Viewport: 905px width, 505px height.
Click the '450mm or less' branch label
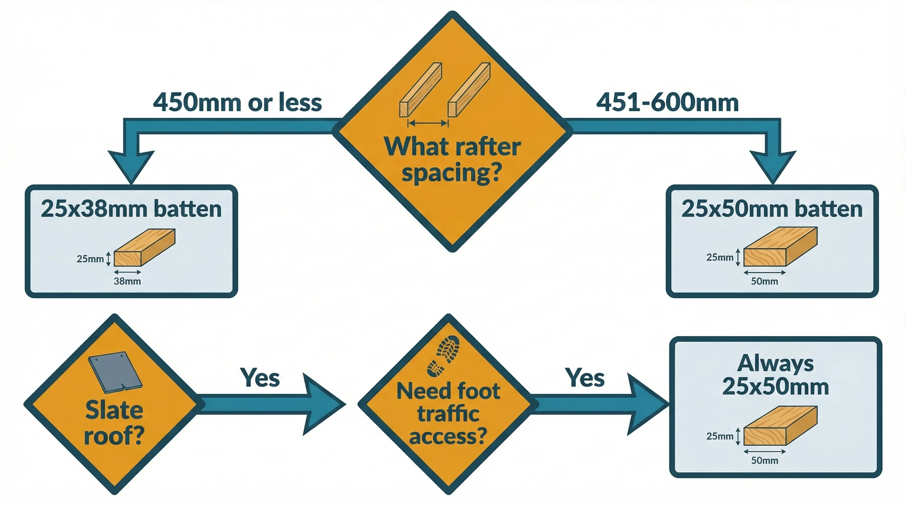[x=237, y=103]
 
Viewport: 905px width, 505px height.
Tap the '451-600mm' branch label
[x=667, y=103]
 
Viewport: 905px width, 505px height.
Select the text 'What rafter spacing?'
[x=452, y=160]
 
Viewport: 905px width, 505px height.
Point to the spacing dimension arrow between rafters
[x=428, y=123]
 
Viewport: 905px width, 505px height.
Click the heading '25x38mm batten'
[x=131, y=209]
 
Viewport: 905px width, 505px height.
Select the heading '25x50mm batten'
[x=772, y=209]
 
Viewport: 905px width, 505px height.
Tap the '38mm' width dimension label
[x=127, y=281]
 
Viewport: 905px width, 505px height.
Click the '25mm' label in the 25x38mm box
[x=90, y=259]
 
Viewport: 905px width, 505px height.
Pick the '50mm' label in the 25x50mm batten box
[x=765, y=281]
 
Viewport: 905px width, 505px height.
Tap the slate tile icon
[x=115, y=372]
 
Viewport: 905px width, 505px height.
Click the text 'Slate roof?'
[x=114, y=423]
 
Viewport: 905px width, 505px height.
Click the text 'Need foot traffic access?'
[x=448, y=414]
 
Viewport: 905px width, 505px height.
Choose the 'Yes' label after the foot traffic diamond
[x=585, y=378]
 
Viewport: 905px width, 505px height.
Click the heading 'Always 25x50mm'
[x=775, y=375]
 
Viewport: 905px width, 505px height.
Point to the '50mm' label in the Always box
[x=765, y=460]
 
